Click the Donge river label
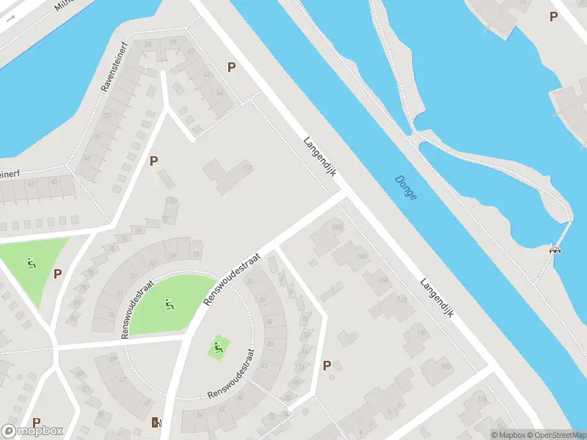point(405,188)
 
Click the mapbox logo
point(32,431)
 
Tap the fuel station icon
point(156,422)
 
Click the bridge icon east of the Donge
point(555,250)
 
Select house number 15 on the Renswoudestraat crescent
point(196,254)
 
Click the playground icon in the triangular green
point(31,262)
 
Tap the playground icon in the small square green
point(217,346)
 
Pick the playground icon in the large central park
point(168,302)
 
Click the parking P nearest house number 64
point(231,67)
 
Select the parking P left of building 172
point(153,161)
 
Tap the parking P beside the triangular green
point(57,274)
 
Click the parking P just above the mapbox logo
point(36,422)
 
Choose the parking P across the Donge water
point(553,16)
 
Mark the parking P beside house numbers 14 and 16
point(327,364)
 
